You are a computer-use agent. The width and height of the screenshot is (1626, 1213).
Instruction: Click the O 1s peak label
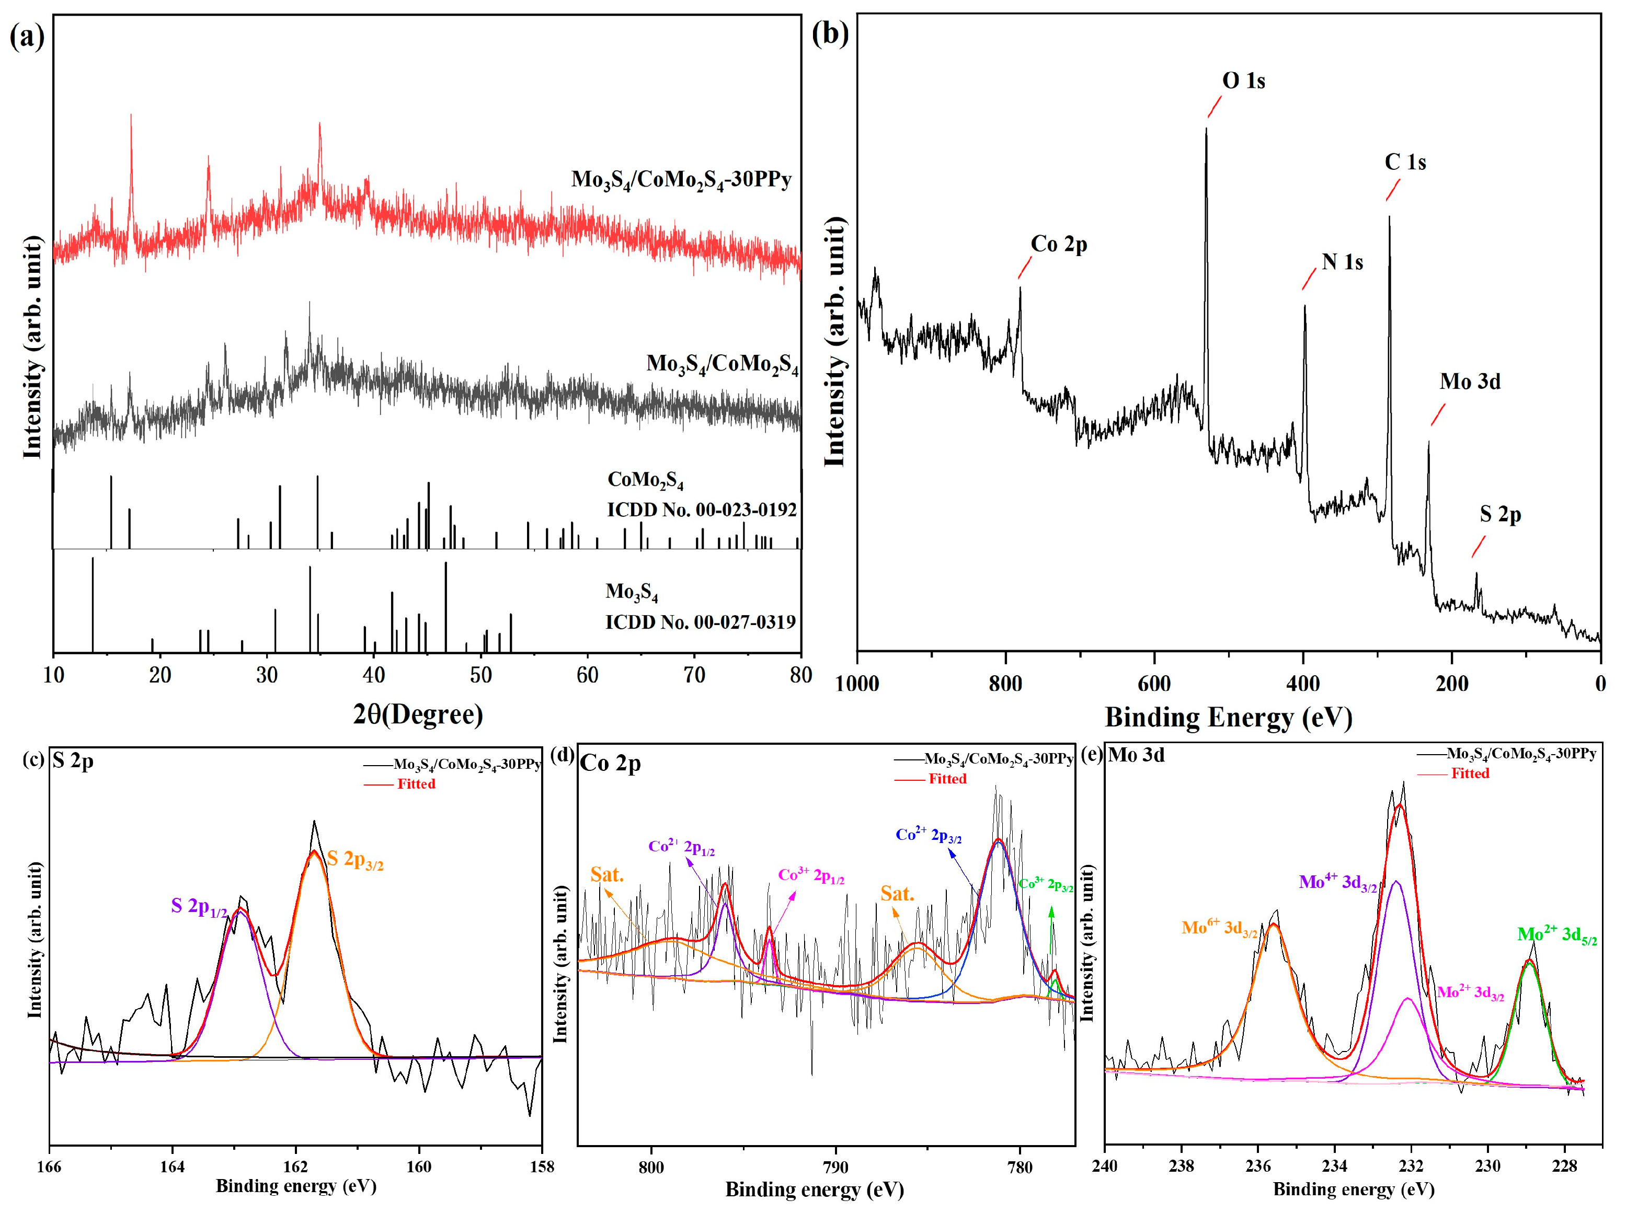pyautogui.click(x=1243, y=81)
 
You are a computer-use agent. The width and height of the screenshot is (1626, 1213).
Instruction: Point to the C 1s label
pyautogui.click(x=1404, y=162)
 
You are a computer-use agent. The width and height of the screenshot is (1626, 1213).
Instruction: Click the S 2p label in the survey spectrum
pyautogui.click(x=1499, y=515)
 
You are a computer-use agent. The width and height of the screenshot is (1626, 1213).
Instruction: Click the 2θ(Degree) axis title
pyautogui.click(x=418, y=714)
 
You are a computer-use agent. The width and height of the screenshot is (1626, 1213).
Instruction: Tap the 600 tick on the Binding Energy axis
pyautogui.click(x=1154, y=684)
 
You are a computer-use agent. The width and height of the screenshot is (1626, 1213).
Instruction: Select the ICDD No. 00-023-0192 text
pyautogui.click(x=701, y=510)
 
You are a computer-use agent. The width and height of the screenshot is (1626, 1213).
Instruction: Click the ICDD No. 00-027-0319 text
pyautogui.click(x=700, y=622)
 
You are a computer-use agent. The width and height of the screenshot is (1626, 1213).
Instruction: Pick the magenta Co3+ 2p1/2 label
pyautogui.click(x=811, y=875)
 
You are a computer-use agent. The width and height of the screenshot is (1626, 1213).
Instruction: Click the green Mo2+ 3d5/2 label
pyautogui.click(x=1556, y=935)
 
